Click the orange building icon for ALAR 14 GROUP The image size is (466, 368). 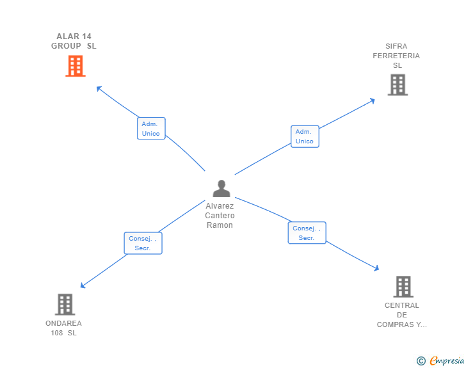click(75, 66)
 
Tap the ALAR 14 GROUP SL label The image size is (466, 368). click(74, 41)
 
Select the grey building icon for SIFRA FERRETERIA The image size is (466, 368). click(398, 84)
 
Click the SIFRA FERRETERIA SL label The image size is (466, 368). click(396, 56)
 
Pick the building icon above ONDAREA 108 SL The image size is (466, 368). click(65, 305)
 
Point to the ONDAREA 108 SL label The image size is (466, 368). click(63, 328)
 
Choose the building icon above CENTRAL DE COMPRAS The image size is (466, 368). click(403, 287)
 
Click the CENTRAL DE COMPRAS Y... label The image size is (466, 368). click(401, 315)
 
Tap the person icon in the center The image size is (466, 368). click(221, 188)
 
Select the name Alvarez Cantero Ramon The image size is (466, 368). click(220, 216)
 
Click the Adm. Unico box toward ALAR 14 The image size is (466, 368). click(151, 128)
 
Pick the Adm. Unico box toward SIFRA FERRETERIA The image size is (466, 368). click(305, 136)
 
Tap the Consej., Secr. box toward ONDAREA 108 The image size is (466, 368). click(143, 243)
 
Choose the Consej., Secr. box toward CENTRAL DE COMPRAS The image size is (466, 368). click(307, 233)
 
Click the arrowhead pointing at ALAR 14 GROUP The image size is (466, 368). click(98, 88)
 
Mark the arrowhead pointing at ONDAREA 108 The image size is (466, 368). click(83, 286)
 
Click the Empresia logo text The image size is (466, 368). click(447, 361)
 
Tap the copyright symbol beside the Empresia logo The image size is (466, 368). click(421, 361)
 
